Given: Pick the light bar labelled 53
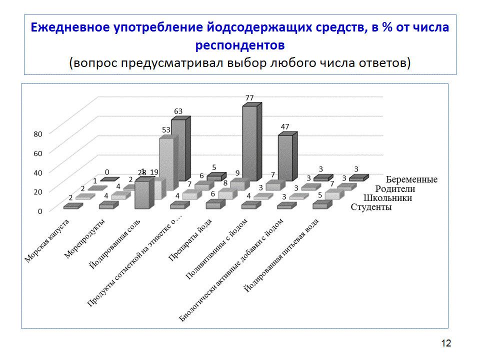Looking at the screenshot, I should pos(166,167).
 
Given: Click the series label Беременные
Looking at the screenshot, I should pos(412,179).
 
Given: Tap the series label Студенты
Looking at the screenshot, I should pos(371,207).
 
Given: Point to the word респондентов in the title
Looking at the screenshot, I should pos(240,45).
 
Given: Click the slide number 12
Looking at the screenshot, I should pos(446,343).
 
